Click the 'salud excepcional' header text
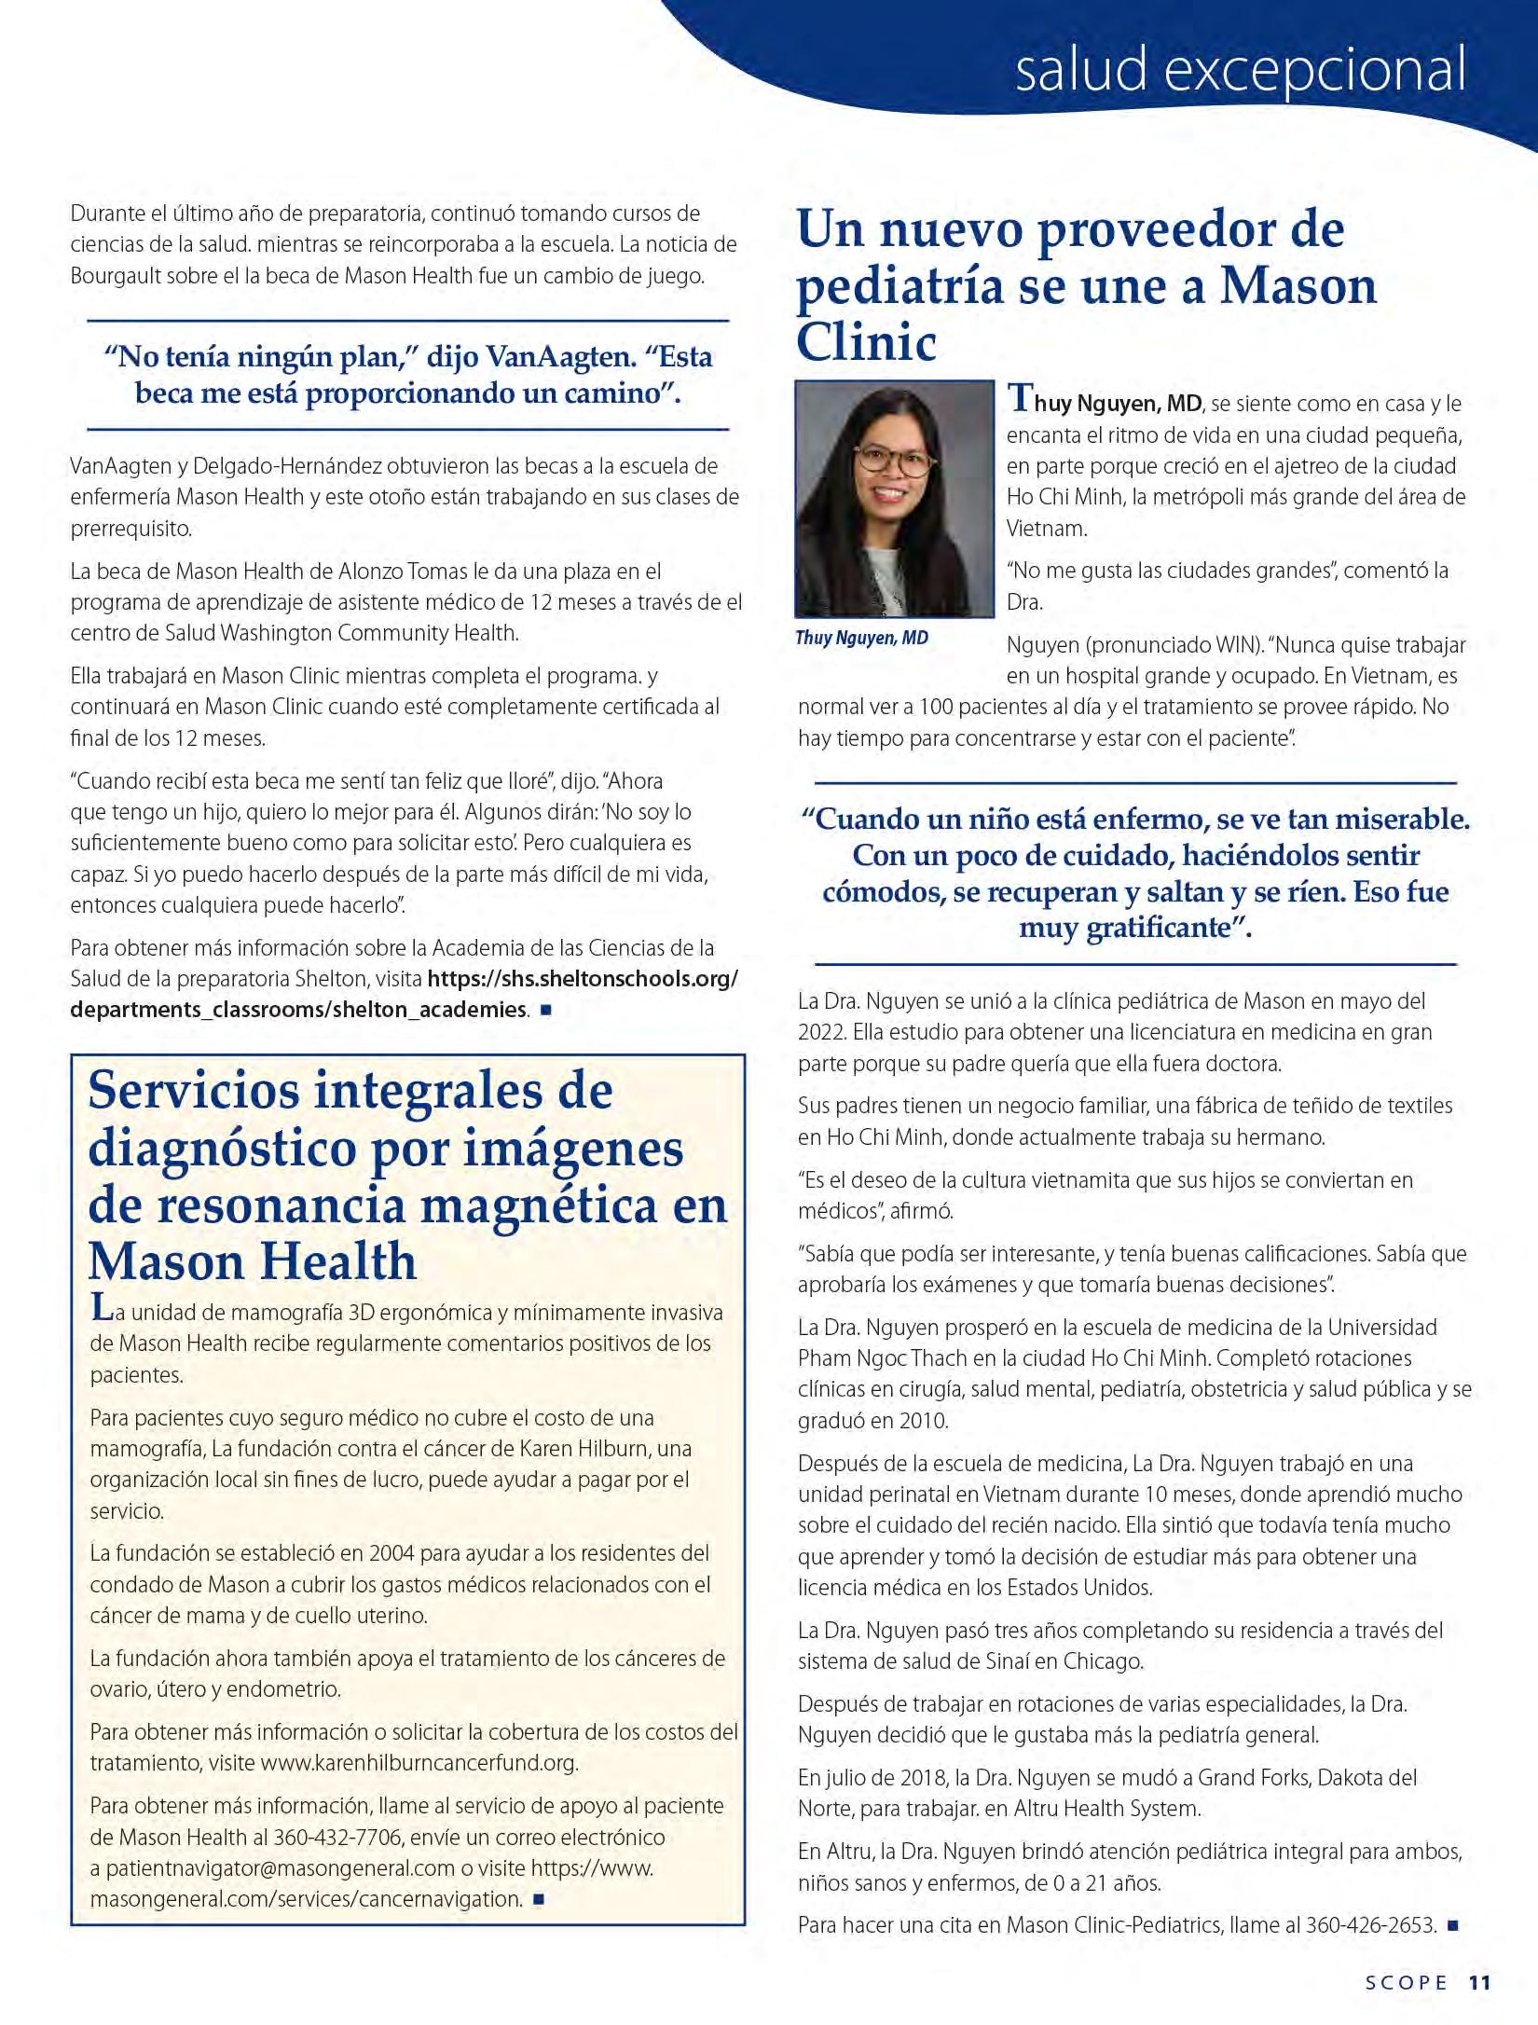pos(1240,70)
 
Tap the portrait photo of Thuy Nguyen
pos(895,498)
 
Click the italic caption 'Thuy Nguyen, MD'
pos(861,638)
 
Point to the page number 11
pos(1480,1982)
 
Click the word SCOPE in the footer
pos(1407,1982)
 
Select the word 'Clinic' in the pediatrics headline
pos(867,342)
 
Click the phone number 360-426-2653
pos(1370,1924)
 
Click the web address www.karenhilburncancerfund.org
pos(419,1762)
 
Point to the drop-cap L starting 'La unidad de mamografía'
pos(101,1307)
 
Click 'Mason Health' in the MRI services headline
pos(253,1260)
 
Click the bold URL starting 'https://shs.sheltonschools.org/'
pos(583,978)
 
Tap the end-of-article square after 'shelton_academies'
pos(545,1010)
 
